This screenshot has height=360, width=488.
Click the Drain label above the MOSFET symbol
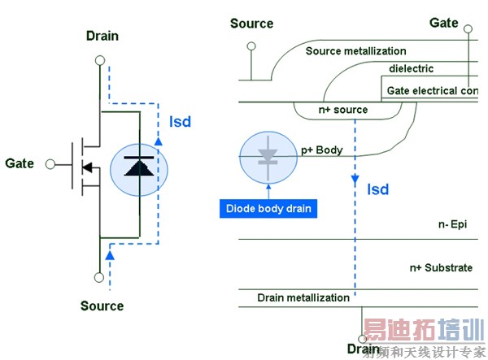click(x=102, y=36)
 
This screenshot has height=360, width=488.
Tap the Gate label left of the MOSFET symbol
click(x=20, y=163)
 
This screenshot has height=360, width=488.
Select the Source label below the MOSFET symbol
click(x=102, y=306)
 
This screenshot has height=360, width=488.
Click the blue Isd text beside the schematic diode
click(x=181, y=122)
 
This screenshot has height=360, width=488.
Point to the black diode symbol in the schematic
click(x=137, y=163)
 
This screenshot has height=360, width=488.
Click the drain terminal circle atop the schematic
click(x=99, y=60)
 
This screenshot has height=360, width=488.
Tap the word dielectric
click(x=411, y=69)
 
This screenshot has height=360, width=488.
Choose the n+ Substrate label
click(x=441, y=267)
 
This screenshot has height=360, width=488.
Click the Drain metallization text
click(x=303, y=297)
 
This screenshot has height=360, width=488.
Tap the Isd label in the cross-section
click(x=377, y=190)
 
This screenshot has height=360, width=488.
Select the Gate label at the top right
click(x=443, y=23)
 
